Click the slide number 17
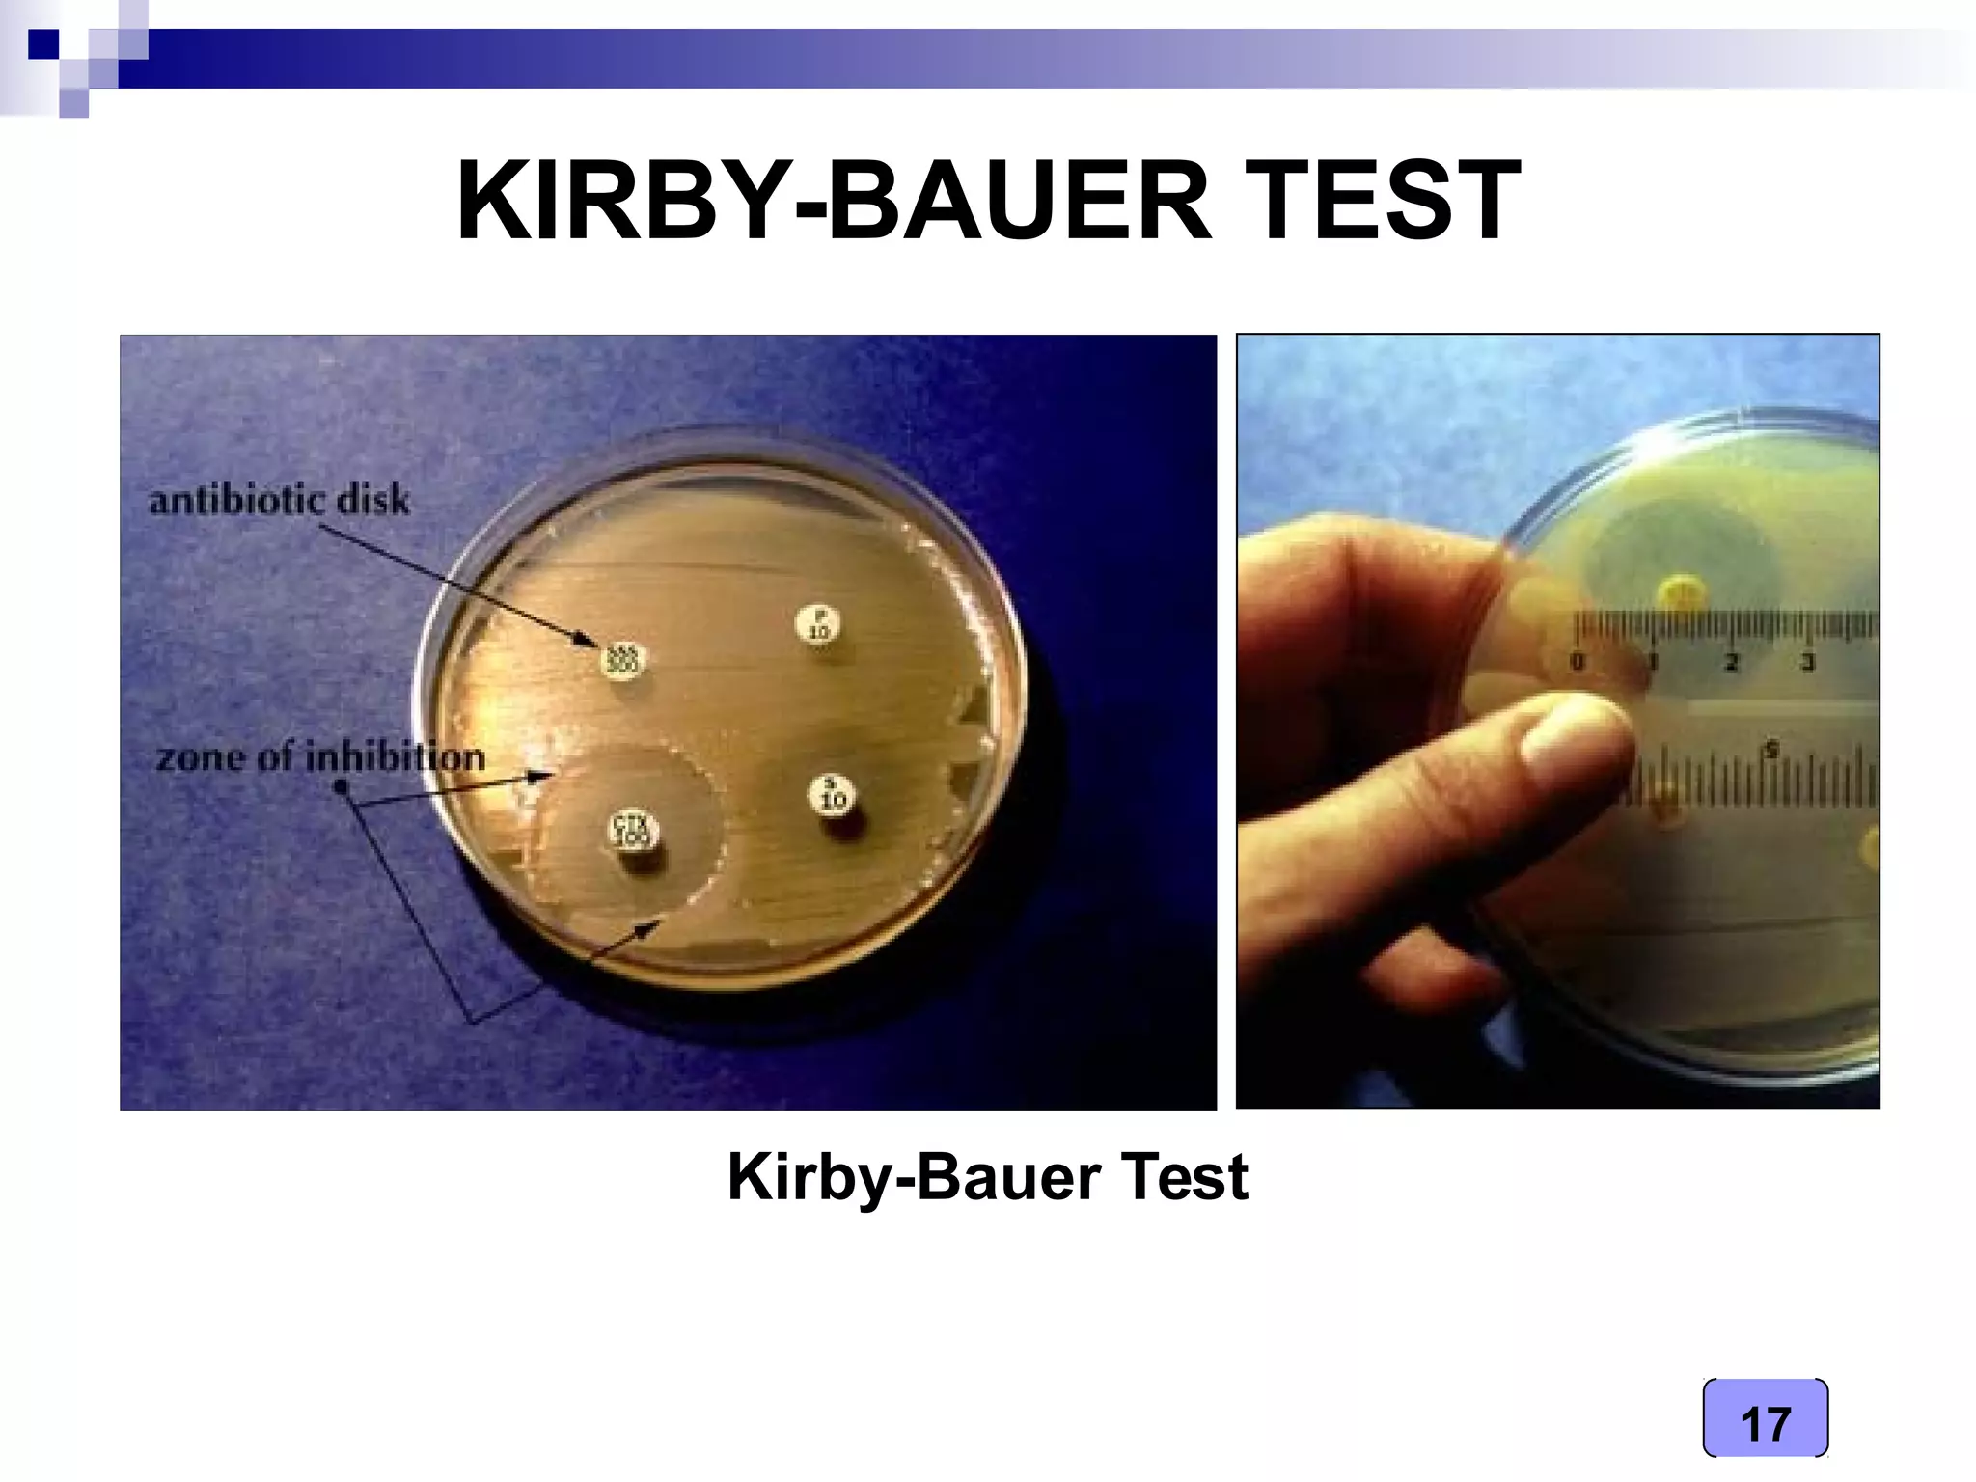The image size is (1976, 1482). click(x=1765, y=1424)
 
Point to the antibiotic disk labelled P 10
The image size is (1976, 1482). click(x=818, y=624)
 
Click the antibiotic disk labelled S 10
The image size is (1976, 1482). click(x=833, y=795)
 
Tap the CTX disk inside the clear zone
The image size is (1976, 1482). click(x=633, y=831)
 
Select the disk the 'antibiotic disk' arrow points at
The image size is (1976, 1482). click(x=622, y=660)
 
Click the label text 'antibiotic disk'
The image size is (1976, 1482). click(x=279, y=501)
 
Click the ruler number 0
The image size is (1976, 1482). click(x=1578, y=663)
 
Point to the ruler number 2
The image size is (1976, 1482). click(x=1732, y=663)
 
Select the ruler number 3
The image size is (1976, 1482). click(x=1808, y=663)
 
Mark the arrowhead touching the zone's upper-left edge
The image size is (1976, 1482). click(x=544, y=775)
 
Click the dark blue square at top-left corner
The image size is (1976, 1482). click(x=42, y=44)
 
